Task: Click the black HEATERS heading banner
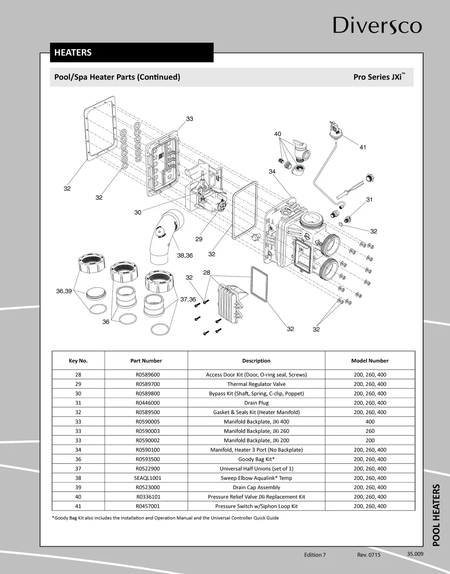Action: click(131, 52)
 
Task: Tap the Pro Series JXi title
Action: click(378, 77)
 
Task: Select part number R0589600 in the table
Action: click(146, 375)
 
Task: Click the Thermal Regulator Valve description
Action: click(256, 384)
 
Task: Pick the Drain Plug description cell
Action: click(256, 403)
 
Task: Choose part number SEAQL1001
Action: click(146, 478)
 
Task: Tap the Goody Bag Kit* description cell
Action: click(256, 459)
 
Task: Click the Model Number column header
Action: click(370, 361)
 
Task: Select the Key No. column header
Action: click(78, 361)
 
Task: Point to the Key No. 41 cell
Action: click(78, 506)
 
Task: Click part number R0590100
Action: click(146, 450)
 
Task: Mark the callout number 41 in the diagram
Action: click(363, 147)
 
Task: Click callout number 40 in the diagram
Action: click(278, 134)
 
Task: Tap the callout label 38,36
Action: click(185, 255)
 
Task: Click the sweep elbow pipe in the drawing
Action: click(165, 237)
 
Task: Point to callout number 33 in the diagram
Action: click(189, 119)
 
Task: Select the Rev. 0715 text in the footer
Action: click(369, 555)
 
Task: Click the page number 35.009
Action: click(415, 554)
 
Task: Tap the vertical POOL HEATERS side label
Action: click(436, 515)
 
